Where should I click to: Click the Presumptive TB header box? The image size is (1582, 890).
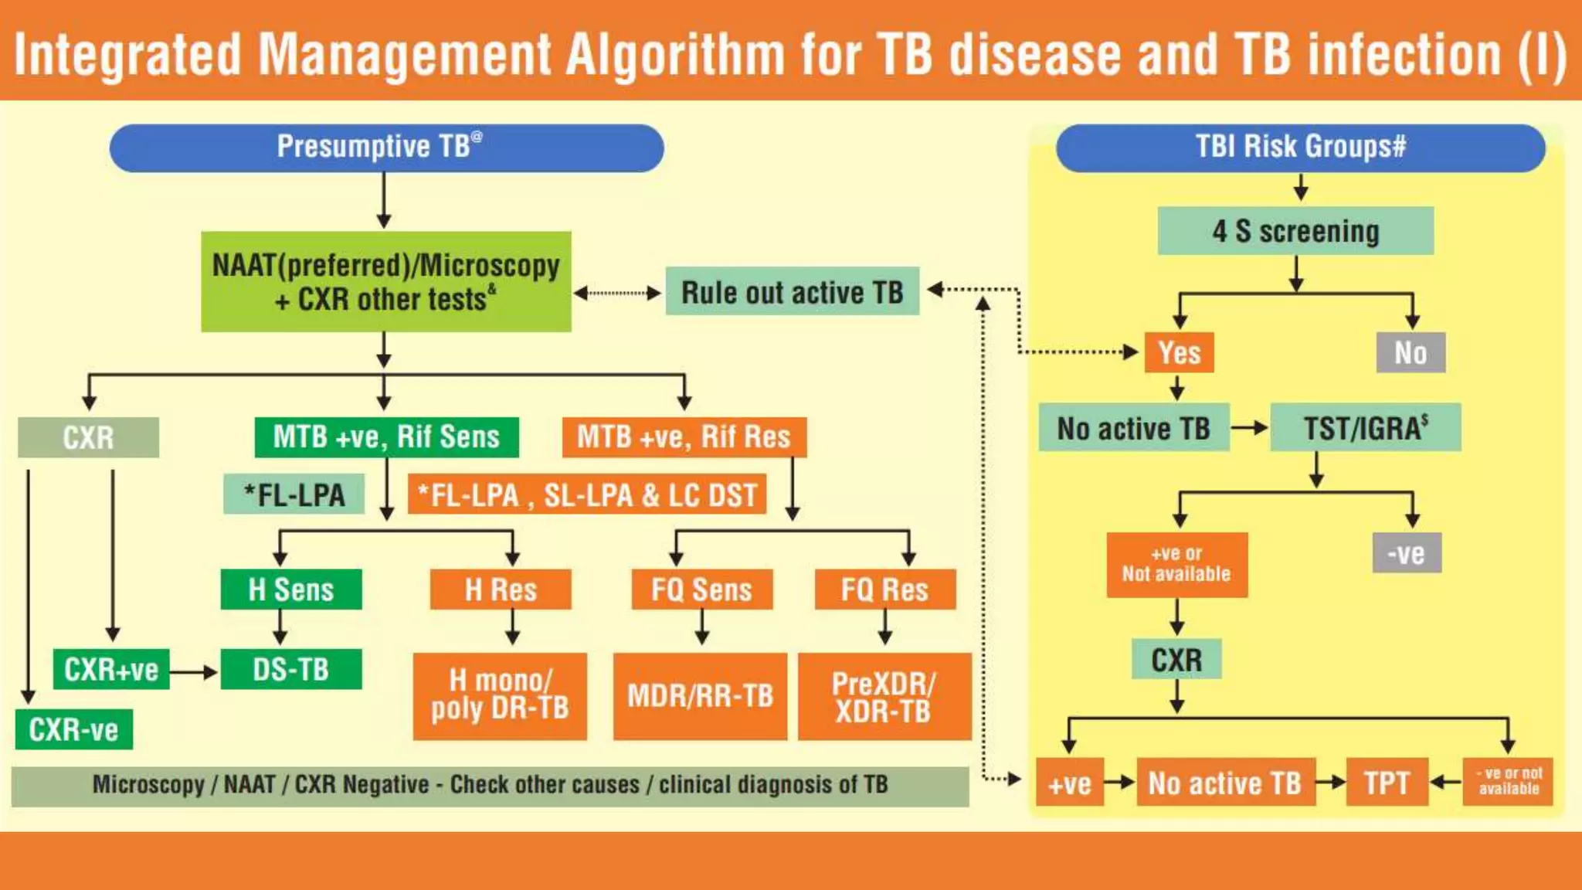tap(386, 148)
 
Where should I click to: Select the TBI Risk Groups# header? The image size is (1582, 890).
tap(1300, 148)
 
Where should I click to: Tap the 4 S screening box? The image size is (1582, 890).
tap(1295, 231)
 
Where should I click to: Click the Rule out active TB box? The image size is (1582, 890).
tap(792, 292)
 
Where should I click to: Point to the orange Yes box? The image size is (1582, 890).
tap(1179, 353)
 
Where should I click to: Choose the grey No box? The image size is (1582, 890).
tap(1411, 353)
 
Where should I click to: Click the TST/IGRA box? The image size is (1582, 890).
tap(1365, 428)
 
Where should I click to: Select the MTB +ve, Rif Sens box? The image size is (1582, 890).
tap(386, 437)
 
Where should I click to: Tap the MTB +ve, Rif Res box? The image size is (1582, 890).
tap(684, 437)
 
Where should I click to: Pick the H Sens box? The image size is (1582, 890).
tap(290, 590)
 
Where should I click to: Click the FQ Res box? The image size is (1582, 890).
tap(884, 590)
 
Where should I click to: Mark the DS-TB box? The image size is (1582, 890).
tap(290, 669)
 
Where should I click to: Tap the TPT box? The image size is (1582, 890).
tap(1387, 783)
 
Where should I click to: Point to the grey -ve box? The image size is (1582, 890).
tap(1406, 553)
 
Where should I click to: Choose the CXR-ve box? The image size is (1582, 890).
tap(73, 730)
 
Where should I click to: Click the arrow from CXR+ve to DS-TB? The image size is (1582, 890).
tap(194, 671)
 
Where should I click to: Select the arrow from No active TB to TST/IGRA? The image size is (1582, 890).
tap(1249, 427)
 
